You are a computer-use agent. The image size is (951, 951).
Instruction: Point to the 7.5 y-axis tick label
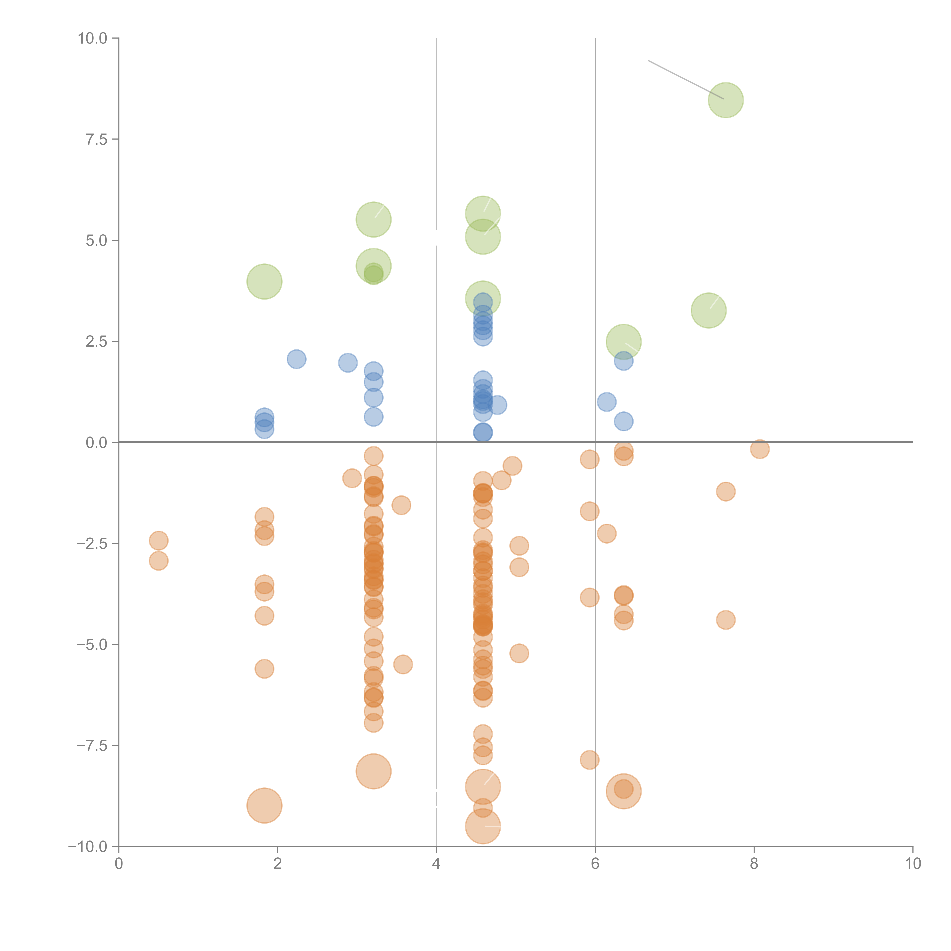tap(96, 139)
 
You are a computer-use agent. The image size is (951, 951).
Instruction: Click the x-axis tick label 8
tap(754, 864)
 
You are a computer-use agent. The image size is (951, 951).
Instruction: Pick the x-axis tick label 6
tap(595, 864)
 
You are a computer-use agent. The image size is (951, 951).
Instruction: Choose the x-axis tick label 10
tap(913, 864)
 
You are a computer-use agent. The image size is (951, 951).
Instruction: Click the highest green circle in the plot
tap(726, 100)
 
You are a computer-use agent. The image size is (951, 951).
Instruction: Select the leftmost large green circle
tap(264, 281)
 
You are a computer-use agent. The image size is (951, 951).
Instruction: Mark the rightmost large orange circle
tap(624, 791)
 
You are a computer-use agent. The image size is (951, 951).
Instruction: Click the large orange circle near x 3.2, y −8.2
tap(374, 771)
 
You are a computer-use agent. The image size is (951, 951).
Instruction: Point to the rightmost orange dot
tap(760, 449)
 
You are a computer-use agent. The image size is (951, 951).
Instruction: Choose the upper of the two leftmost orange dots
tap(158, 541)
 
